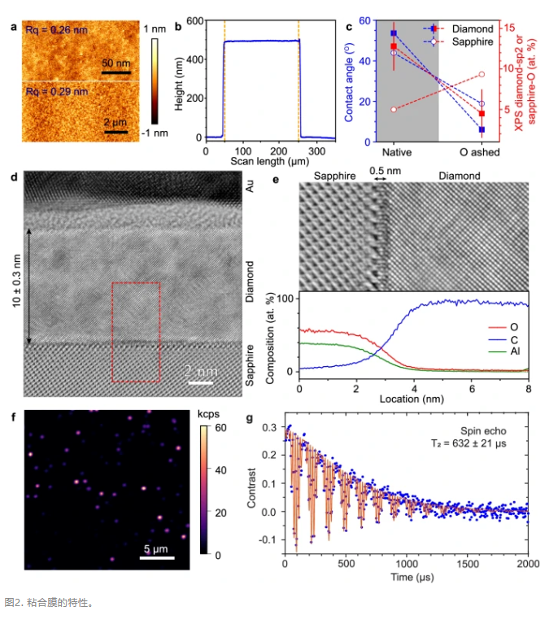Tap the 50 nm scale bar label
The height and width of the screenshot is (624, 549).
(116, 63)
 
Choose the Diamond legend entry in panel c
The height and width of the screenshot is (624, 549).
(476, 28)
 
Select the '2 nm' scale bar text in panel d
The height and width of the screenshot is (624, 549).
(201, 371)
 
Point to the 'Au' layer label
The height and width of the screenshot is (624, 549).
(252, 188)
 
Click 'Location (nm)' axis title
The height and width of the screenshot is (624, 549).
(413, 399)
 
